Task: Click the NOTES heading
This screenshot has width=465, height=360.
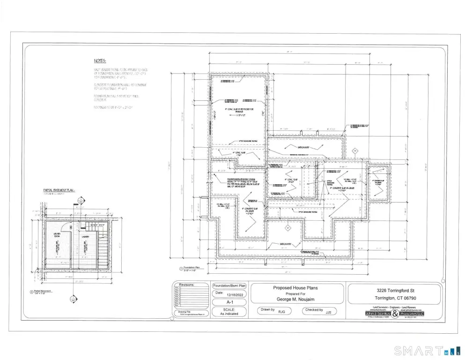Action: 99,61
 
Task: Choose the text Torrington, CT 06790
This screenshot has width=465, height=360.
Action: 395,299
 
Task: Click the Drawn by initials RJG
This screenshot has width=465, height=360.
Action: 281,311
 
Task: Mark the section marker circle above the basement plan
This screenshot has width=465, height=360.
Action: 80,201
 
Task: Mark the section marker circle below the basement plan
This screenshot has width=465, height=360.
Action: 73,298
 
